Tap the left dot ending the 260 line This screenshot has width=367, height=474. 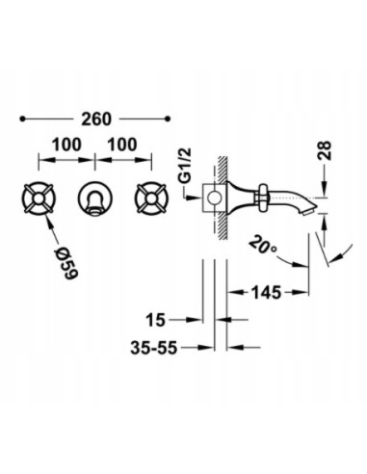click(x=25, y=118)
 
